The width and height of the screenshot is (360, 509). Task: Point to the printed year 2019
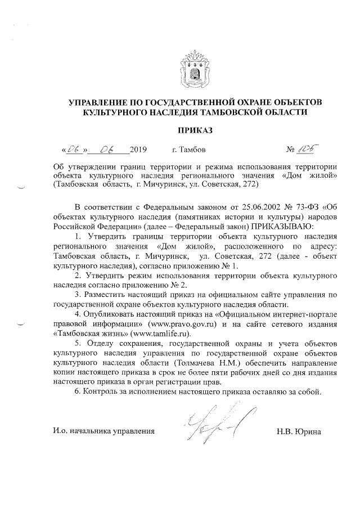138,150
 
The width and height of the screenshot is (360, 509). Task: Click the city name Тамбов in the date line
192,150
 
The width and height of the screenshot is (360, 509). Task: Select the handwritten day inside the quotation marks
74,150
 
